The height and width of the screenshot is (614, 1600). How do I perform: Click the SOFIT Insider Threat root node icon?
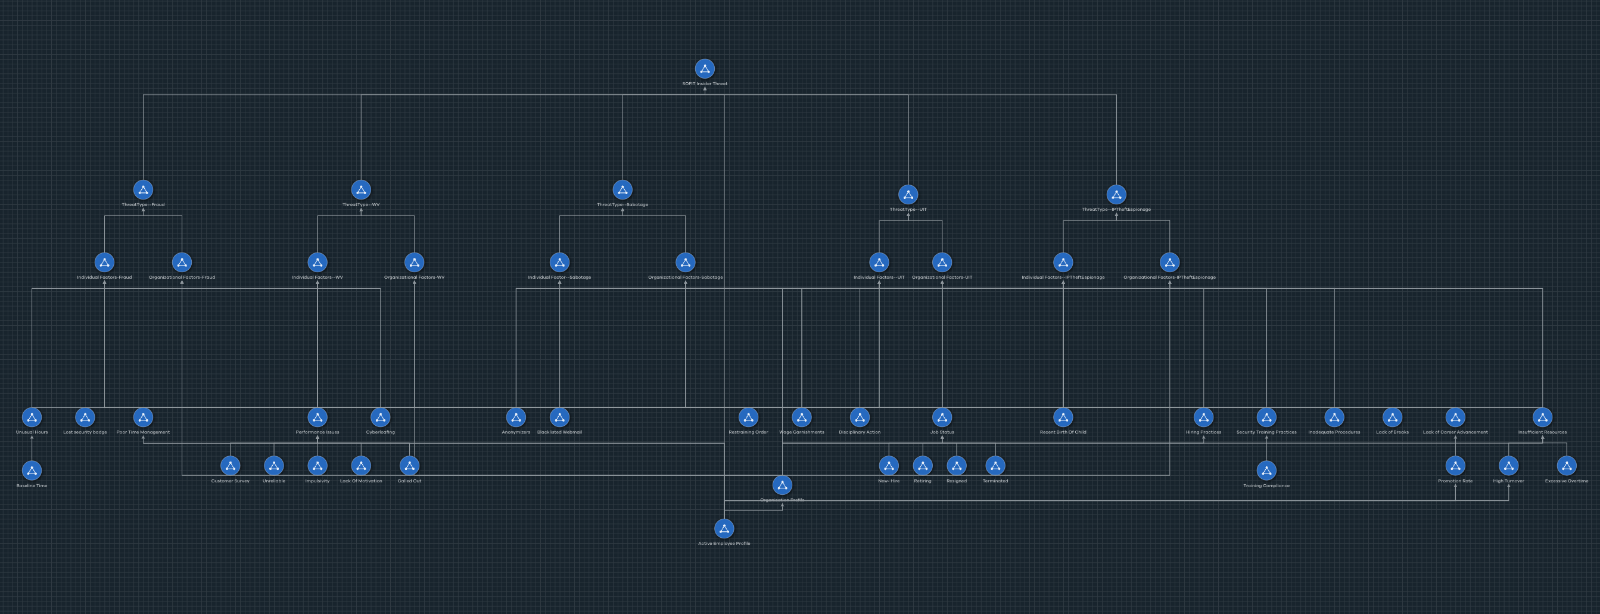704,69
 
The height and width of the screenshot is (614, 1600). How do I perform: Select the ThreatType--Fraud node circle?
143,190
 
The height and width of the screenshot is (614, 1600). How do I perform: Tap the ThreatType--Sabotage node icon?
622,190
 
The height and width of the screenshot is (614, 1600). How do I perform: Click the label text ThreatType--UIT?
907,210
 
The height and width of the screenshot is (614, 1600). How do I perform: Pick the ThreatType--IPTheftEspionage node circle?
1116,195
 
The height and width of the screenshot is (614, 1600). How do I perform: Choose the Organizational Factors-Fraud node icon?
182,263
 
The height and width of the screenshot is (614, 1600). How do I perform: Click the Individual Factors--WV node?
317,263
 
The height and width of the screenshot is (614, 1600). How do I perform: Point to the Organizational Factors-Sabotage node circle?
685,263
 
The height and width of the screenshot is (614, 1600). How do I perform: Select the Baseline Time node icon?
32,470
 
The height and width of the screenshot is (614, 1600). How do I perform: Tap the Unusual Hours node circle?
32,417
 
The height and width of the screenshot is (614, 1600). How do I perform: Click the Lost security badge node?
85,417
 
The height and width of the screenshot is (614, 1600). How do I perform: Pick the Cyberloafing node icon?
380,417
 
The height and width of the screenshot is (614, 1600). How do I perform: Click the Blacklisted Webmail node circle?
559,417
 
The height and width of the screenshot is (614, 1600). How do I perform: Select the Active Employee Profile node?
724,528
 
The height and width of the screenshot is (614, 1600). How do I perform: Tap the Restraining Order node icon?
748,417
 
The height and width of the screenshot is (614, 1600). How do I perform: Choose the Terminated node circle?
995,466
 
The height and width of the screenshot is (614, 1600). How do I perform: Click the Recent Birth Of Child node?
1063,417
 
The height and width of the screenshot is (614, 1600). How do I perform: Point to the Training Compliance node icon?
1266,470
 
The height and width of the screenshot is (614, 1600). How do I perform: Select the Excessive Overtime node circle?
1567,466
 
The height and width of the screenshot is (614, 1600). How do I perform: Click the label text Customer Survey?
231,481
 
